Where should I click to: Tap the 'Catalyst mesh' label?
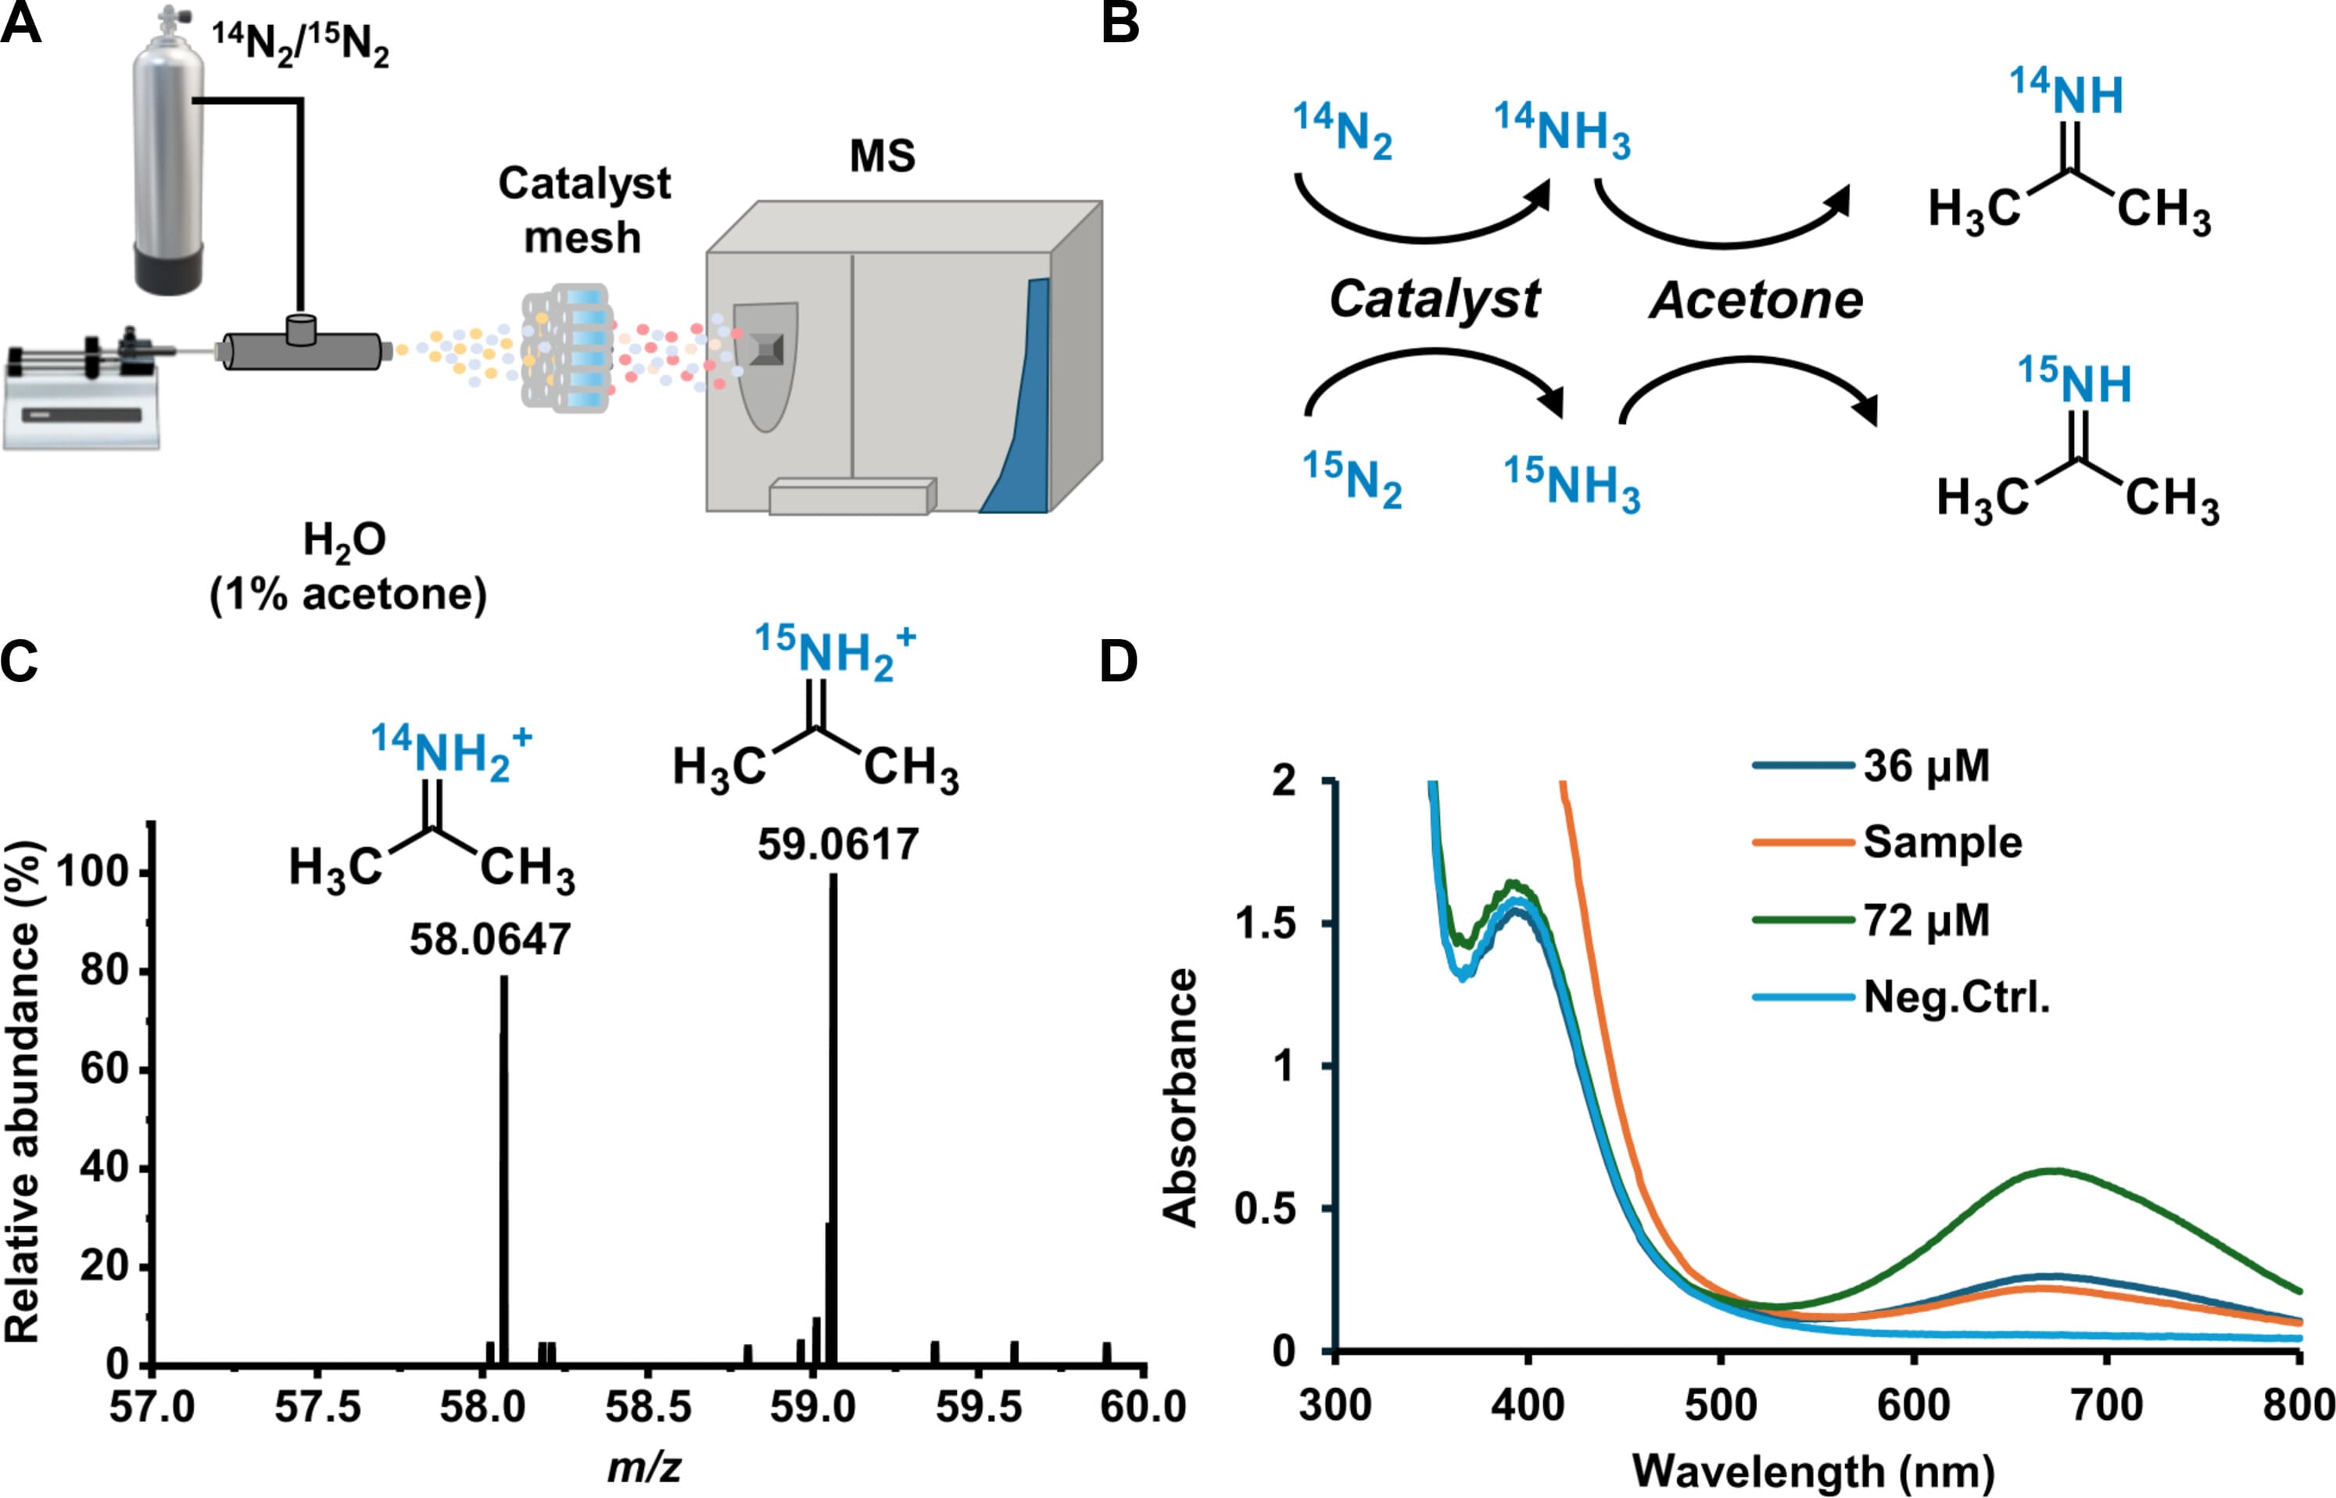(x=584, y=210)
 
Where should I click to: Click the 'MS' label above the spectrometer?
(x=883, y=156)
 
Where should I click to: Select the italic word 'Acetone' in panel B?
(x=1756, y=299)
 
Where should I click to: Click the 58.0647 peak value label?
(x=489, y=939)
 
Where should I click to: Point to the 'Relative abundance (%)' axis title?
(x=23, y=1089)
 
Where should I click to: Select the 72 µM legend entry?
(x=1926, y=919)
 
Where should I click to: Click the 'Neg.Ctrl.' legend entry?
(x=1955, y=997)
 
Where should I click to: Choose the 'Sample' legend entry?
(x=1942, y=842)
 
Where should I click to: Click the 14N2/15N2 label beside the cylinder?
(x=301, y=45)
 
